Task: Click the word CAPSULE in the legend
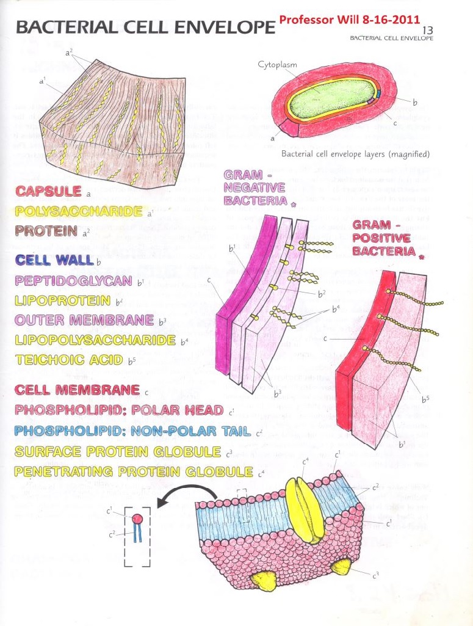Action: tap(49, 191)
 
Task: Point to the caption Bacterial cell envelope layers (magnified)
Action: tap(355, 153)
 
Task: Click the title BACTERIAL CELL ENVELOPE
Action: tap(144, 27)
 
